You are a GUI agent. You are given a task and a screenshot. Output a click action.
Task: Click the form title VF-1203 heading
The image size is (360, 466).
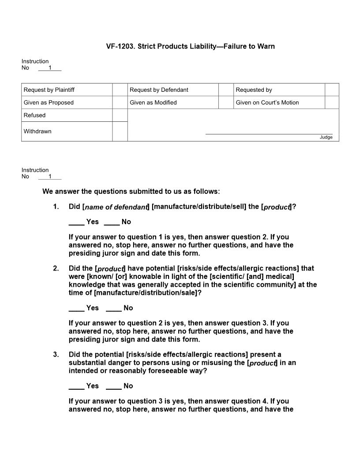click(190, 46)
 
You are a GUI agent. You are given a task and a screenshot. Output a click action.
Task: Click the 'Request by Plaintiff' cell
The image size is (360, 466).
click(49, 90)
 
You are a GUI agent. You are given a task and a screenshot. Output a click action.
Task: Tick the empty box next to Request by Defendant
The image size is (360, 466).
click(226, 90)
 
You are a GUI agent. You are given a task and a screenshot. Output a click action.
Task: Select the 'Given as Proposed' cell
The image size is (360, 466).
click(49, 103)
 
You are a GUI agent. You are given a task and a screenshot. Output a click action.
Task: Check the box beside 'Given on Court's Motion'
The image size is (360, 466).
click(332, 103)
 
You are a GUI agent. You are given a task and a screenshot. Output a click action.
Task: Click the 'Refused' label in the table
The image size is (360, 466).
click(34, 116)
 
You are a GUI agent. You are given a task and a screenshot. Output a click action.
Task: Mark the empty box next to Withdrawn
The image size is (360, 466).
click(120, 132)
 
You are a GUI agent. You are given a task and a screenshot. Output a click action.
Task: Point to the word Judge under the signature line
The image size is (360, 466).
click(326, 137)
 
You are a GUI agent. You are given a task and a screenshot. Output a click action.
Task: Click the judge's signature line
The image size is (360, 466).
click(269, 133)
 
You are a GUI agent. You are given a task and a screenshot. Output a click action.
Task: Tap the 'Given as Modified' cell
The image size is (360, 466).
click(153, 103)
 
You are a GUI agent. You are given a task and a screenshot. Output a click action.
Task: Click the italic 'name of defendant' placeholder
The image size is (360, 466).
click(116, 207)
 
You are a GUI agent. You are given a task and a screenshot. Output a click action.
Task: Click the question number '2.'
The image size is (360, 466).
click(56, 268)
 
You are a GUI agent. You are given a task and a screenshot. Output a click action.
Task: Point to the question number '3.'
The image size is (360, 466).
click(56, 355)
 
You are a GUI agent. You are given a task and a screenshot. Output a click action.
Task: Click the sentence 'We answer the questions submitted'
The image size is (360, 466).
click(131, 192)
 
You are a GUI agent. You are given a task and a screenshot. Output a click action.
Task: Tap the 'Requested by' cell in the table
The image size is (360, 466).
click(254, 90)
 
